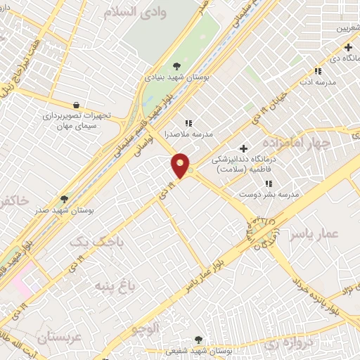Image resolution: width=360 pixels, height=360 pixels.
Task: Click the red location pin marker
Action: point(181,165)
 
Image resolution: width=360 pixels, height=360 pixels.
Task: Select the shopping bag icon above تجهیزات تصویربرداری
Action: point(75,105)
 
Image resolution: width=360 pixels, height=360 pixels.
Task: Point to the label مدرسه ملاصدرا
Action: point(189,133)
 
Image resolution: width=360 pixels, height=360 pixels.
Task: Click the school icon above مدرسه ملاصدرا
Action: point(188,122)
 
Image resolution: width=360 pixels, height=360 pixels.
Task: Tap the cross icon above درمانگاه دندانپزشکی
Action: point(243,148)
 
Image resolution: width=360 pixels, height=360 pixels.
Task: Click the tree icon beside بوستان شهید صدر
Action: point(65,199)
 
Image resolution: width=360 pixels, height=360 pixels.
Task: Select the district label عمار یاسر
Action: point(331,233)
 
